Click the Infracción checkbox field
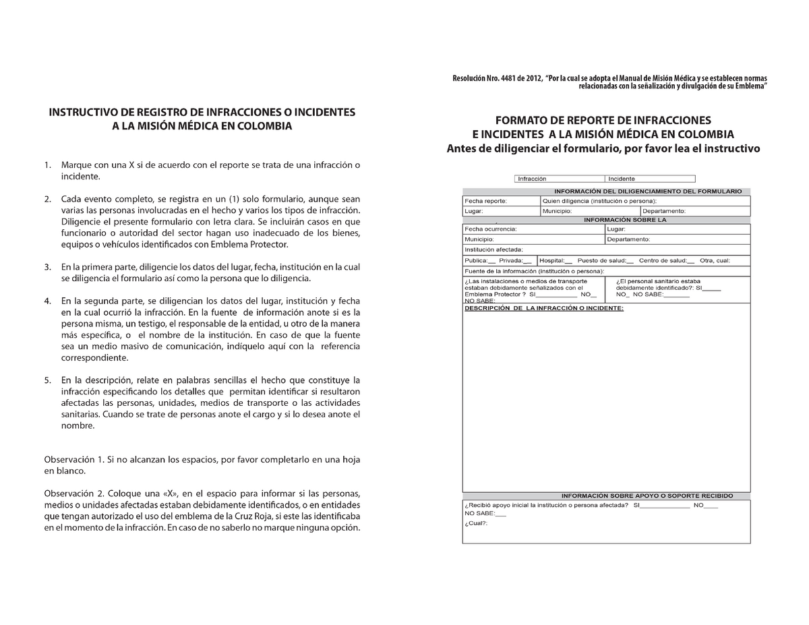[x=559, y=179]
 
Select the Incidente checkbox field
[x=651, y=179]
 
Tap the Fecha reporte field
[x=501, y=201]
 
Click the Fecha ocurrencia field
[x=533, y=229]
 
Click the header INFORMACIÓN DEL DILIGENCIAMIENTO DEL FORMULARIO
[x=647, y=191]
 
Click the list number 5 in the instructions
[x=47, y=380]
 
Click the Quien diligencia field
[x=645, y=201]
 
